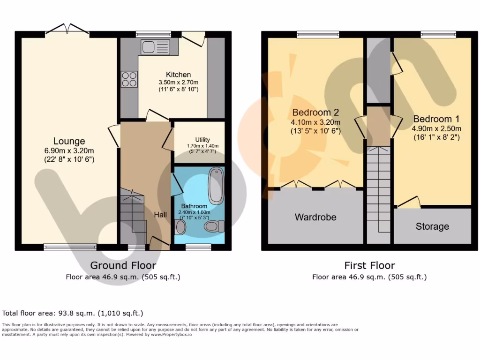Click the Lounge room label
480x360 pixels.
pyautogui.click(x=69, y=141)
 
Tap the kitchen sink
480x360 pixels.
pyautogui.click(x=155, y=47)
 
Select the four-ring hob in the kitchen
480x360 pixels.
pyautogui.click(x=129, y=79)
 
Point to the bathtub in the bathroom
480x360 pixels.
pyautogui.click(x=216, y=184)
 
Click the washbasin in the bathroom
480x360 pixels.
pyautogui.click(x=180, y=228)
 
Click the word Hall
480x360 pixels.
pyautogui.click(x=160, y=214)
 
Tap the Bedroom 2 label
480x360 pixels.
pyautogui.click(x=315, y=112)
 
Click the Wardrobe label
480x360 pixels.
pyautogui.click(x=315, y=217)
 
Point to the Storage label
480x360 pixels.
pyautogui.click(x=432, y=226)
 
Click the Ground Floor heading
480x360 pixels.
pyautogui.click(x=123, y=266)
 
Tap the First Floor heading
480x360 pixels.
pyautogui.click(x=369, y=266)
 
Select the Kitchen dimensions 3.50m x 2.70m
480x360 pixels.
pyautogui.click(x=179, y=82)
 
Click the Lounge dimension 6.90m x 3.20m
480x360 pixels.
pyautogui.click(x=69, y=150)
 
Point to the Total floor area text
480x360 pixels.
pyautogui.click(x=73, y=313)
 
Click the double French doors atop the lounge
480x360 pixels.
pyautogui.click(x=67, y=31)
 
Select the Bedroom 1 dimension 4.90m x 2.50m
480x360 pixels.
pyautogui.click(x=436, y=129)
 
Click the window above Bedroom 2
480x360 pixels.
pyautogui.click(x=318, y=34)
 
